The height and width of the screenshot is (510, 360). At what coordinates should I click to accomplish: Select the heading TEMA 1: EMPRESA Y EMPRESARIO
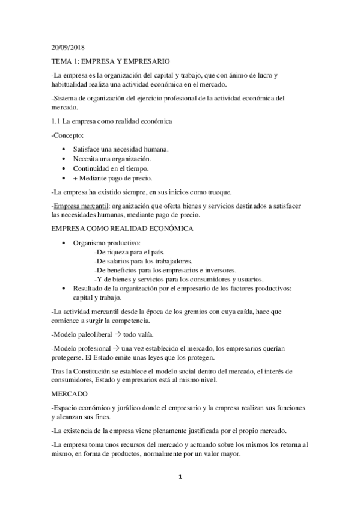(111, 61)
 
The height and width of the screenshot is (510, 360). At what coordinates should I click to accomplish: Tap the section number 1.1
(56, 122)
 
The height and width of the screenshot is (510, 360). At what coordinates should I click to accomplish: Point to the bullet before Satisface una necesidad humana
(64, 148)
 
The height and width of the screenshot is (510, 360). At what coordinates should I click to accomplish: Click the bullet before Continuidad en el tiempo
(64, 168)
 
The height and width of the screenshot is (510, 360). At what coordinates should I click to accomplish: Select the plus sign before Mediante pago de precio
(75, 179)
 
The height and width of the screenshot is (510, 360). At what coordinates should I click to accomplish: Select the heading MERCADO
(69, 394)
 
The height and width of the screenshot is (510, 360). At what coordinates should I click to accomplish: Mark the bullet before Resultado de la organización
(64, 289)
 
